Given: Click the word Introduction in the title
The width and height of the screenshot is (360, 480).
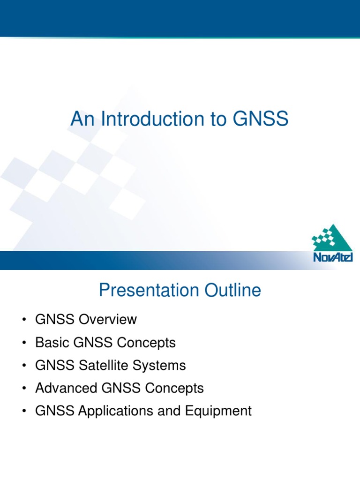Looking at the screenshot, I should click(x=147, y=119).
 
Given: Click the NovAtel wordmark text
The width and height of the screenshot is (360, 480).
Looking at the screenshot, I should click(x=333, y=257).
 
